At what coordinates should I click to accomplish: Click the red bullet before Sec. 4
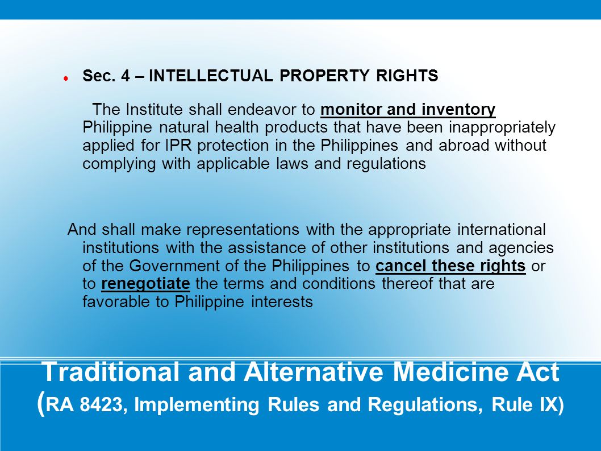pos(66,77)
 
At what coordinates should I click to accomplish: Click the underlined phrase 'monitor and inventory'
pos(408,109)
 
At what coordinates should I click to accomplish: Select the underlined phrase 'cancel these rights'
pos(450,266)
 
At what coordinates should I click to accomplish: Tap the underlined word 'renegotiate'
pos(145,284)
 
